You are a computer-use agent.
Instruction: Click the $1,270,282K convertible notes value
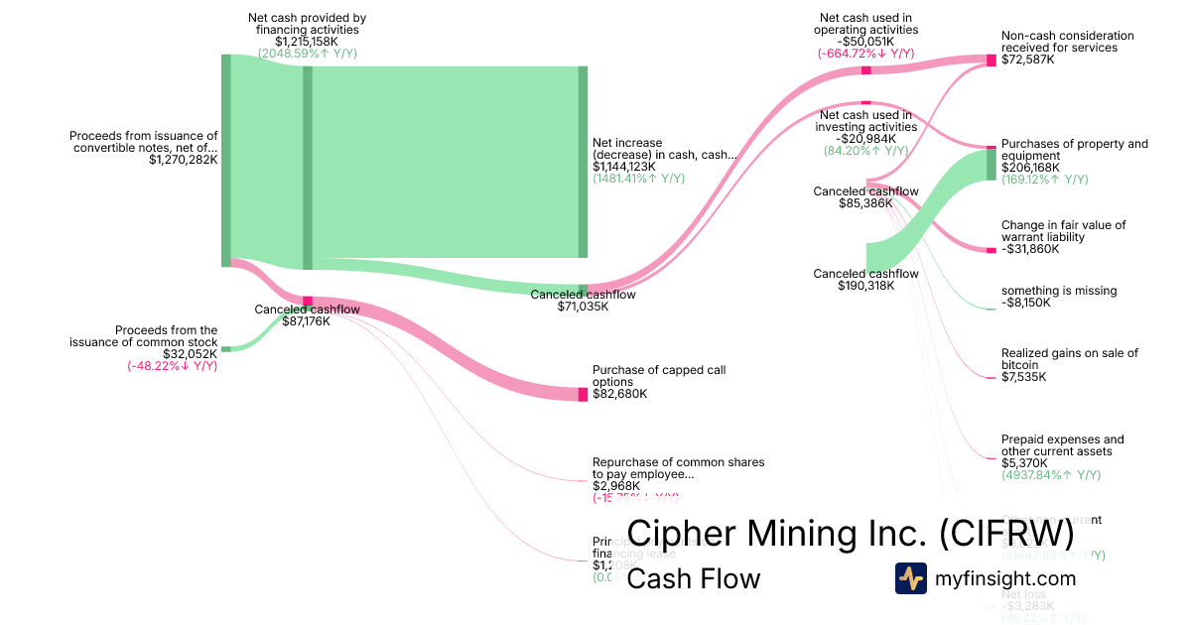coord(184,160)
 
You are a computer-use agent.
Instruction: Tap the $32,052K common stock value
coord(190,354)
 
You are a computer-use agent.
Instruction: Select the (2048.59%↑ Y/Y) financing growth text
coord(308,54)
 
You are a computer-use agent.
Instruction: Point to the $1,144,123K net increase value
coord(624,167)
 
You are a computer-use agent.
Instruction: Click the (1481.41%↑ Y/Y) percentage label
coord(638,179)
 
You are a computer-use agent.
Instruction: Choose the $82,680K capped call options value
coord(619,394)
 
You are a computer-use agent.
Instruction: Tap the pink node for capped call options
coord(584,395)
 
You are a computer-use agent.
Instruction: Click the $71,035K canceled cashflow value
coord(583,307)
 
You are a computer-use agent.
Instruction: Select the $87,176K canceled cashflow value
coord(307,321)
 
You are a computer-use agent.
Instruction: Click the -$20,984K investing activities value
coord(865,139)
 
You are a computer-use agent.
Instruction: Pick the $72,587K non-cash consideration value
coord(1028,60)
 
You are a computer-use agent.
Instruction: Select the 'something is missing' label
coord(1059,291)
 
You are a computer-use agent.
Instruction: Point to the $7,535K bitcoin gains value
coord(1024,377)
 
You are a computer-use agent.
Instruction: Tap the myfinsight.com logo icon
coord(911,578)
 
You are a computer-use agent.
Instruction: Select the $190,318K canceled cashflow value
coord(865,286)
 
